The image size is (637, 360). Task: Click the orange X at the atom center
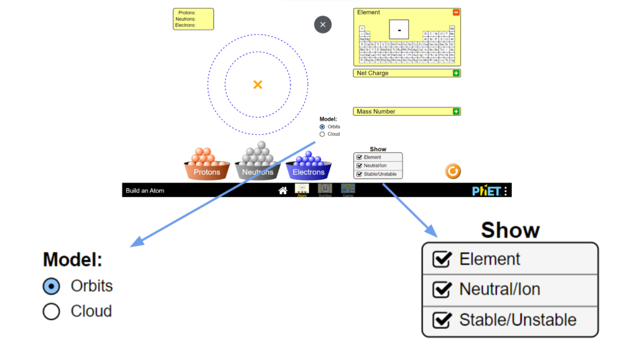pos(258,85)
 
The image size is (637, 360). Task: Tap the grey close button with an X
pos(322,25)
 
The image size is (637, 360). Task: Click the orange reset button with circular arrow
pos(453,171)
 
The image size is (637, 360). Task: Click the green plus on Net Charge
pos(456,73)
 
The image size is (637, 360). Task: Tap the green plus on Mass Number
pos(456,112)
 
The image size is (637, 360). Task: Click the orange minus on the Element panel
pos(456,12)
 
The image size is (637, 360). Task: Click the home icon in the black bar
pos(282,190)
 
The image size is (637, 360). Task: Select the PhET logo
pos(486,190)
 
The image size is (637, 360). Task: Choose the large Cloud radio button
pos(52,312)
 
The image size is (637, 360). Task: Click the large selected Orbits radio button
pos(52,286)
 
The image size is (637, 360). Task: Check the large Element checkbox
pos(442,259)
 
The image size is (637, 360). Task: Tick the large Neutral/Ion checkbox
pos(442,290)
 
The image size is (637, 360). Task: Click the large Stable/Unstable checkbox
pos(442,320)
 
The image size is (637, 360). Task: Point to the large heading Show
pos(510,230)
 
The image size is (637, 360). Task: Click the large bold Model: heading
pos(73,260)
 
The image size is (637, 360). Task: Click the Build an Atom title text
pos(145,191)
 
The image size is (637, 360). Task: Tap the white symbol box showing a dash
pos(399,29)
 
